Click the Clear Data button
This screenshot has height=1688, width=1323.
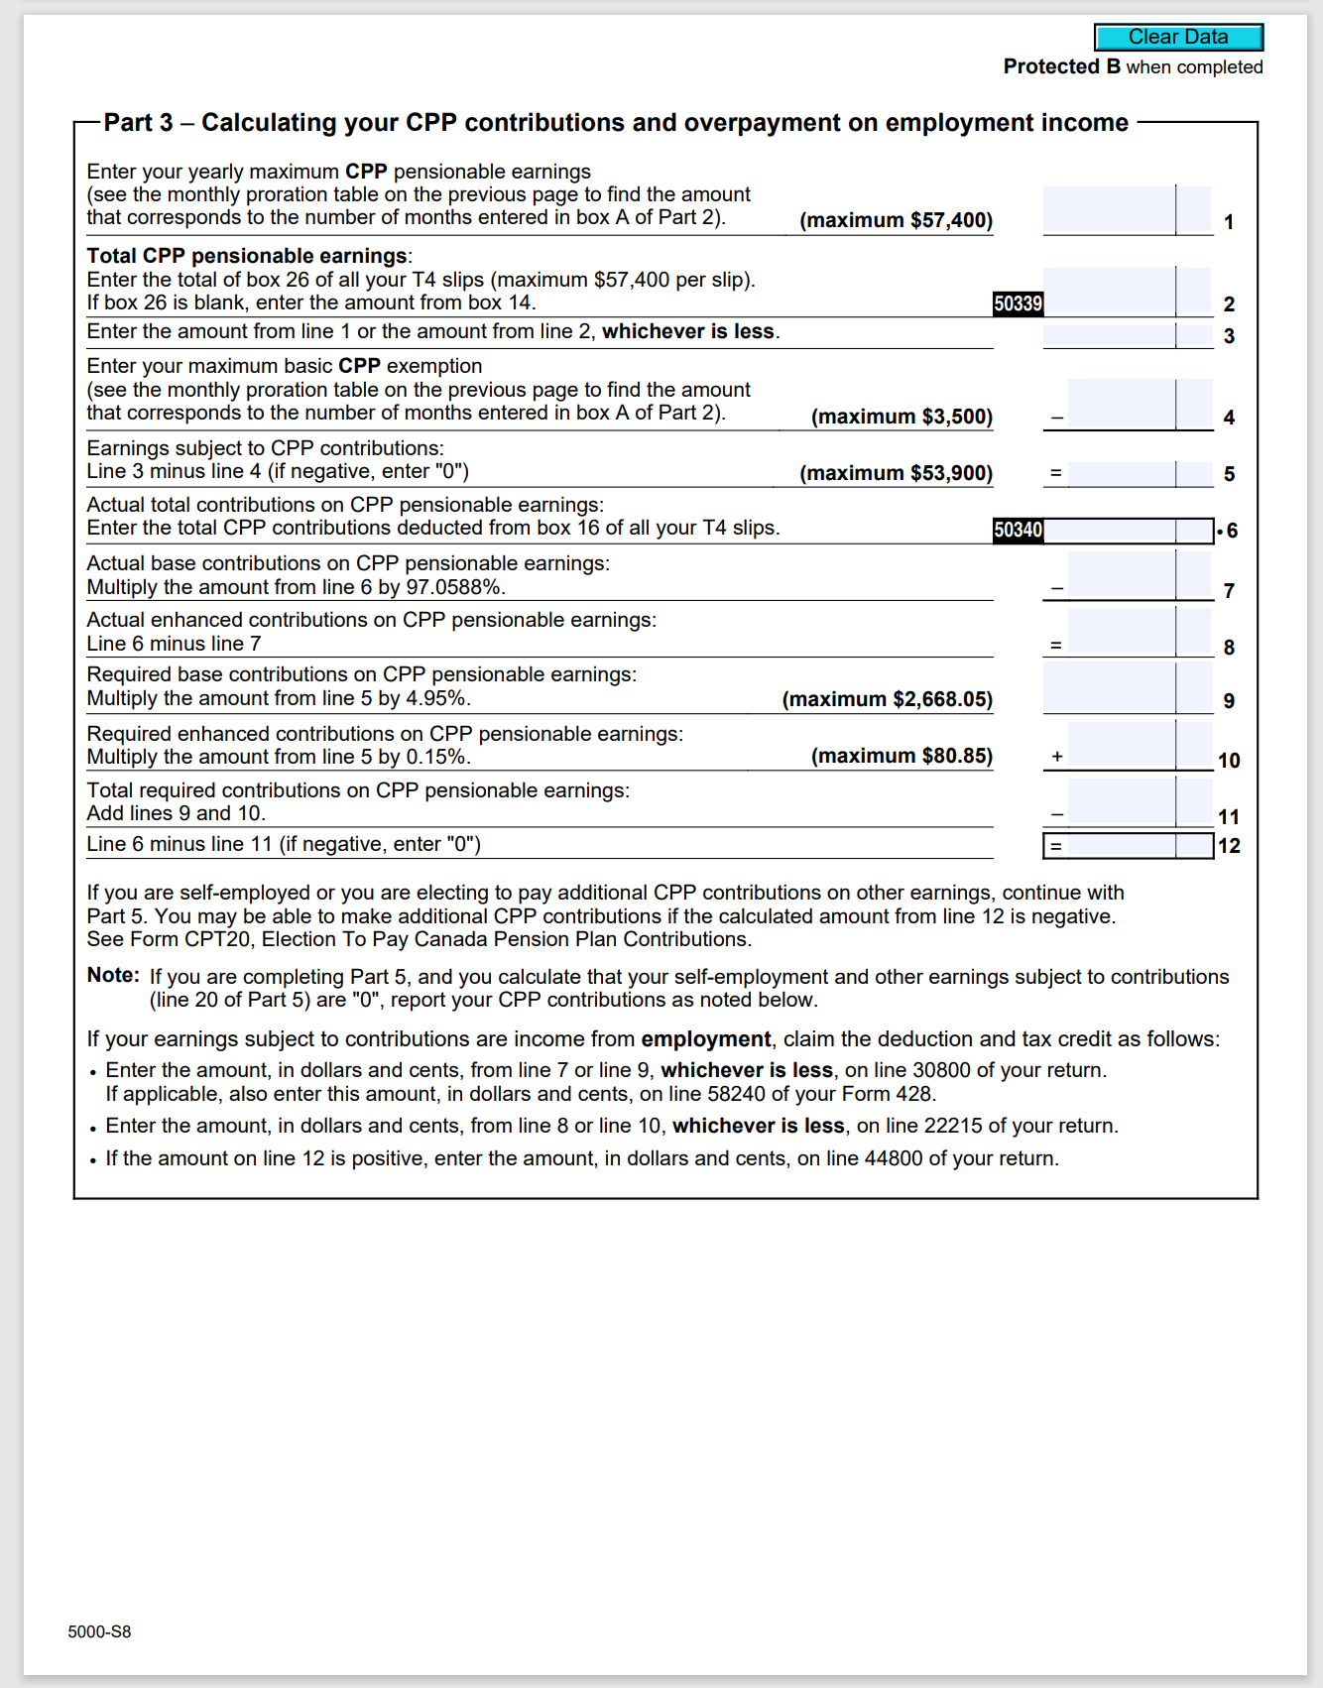1178,38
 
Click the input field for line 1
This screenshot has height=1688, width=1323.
1109,210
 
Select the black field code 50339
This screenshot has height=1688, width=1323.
1018,303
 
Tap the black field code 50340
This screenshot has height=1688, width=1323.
1018,531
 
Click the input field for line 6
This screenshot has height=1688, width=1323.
1109,531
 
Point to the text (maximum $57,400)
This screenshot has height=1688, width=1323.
896,220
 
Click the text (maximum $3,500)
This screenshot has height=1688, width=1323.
902,417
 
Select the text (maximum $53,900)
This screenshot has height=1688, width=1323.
896,473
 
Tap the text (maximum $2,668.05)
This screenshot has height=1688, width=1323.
887,699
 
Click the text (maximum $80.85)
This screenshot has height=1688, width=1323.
902,756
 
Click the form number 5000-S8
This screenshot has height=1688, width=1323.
99,1631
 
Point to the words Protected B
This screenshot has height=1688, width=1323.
1061,66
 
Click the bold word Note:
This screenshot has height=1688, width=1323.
113,975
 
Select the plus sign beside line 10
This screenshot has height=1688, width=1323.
1057,757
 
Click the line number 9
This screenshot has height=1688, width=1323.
1229,701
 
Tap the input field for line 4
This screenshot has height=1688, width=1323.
1121,405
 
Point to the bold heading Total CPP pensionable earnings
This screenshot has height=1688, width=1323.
247,256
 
